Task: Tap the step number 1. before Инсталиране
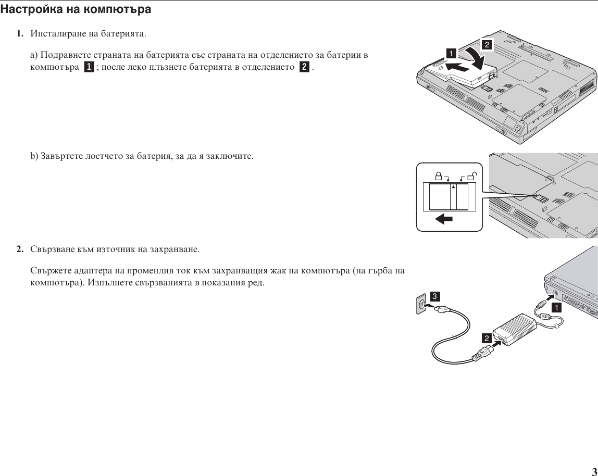(19, 34)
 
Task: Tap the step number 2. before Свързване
(19, 249)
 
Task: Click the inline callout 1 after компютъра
(89, 68)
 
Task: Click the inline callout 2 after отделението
(304, 68)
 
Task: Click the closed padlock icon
(439, 176)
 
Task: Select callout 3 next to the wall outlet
(434, 296)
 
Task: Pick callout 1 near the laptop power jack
(557, 308)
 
